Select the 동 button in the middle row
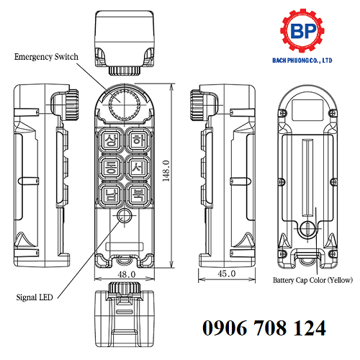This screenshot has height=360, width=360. (x=111, y=168)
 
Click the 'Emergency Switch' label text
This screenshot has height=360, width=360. (x=45, y=56)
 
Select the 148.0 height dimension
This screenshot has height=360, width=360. (x=166, y=172)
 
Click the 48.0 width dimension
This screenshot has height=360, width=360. (x=127, y=274)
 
